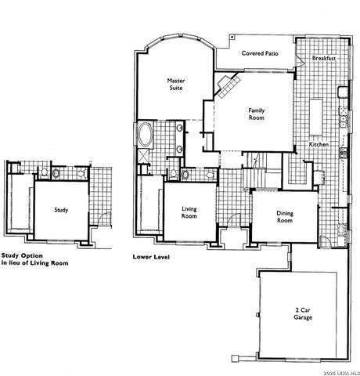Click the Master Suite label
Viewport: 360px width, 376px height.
[175, 84]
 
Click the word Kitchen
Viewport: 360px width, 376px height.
[319, 145]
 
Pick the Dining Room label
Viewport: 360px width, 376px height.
[285, 217]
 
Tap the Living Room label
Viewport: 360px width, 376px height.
[189, 213]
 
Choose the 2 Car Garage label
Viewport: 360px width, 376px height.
[304, 314]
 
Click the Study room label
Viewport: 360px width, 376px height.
[60, 210]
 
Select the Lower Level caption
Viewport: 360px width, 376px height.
[152, 256]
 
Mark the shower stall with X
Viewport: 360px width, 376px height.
[146, 157]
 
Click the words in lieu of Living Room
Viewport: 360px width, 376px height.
[34, 264]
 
